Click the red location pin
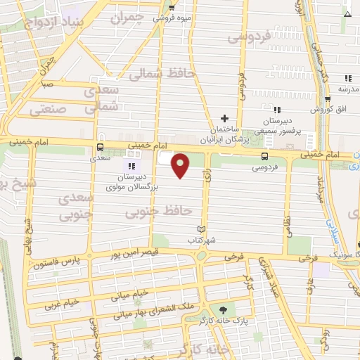click(x=181, y=165)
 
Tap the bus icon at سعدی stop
click(x=99, y=148)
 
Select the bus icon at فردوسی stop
click(x=264, y=156)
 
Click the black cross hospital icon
click(x=224, y=118)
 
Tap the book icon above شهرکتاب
click(x=202, y=229)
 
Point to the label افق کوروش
click(x=333, y=109)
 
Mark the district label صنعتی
click(x=49, y=110)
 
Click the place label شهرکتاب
click(x=202, y=240)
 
